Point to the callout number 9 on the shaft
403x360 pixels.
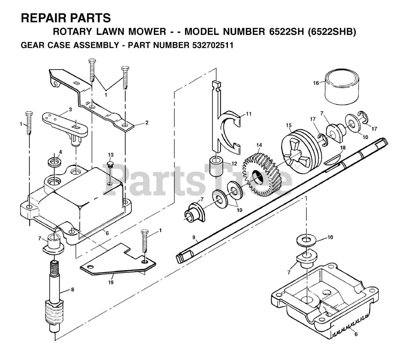tap(194, 237)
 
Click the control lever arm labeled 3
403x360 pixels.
tap(65, 124)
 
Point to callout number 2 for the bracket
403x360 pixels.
tap(147, 123)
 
